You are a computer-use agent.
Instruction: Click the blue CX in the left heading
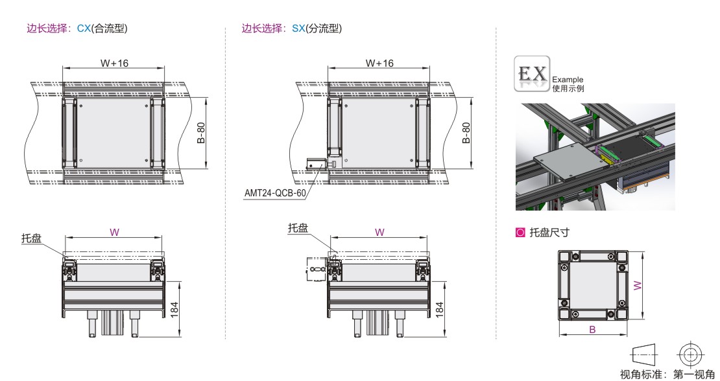coord(84,29)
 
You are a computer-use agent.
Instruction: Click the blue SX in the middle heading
coord(298,29)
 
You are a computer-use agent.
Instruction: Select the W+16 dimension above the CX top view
coord(114,63)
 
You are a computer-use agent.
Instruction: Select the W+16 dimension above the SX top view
coord(379,63)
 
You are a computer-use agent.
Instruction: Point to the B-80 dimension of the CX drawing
coord(201,133)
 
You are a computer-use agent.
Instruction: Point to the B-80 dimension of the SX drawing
coord(466,133)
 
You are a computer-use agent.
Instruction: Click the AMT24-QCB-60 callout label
coord(274,193)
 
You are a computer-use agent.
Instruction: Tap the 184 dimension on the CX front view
coord(174,310)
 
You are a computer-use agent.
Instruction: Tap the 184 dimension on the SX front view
coord(439,310)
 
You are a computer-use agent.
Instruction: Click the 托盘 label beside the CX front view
coord(31,238)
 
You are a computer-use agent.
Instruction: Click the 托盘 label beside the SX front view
coord(298,228)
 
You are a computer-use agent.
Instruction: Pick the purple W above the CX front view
coord(114,233)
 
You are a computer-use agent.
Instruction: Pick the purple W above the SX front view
coord(379,233)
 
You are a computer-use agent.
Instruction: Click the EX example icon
coord(532,73)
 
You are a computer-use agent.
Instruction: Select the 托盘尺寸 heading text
coord(549,233)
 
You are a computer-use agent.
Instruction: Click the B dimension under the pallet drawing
coord(592,329)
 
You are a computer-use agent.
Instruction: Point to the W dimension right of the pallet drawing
coord(638,285)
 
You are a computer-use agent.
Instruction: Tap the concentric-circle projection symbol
coord(691,354)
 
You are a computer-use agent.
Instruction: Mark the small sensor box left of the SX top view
coord(317,164)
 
